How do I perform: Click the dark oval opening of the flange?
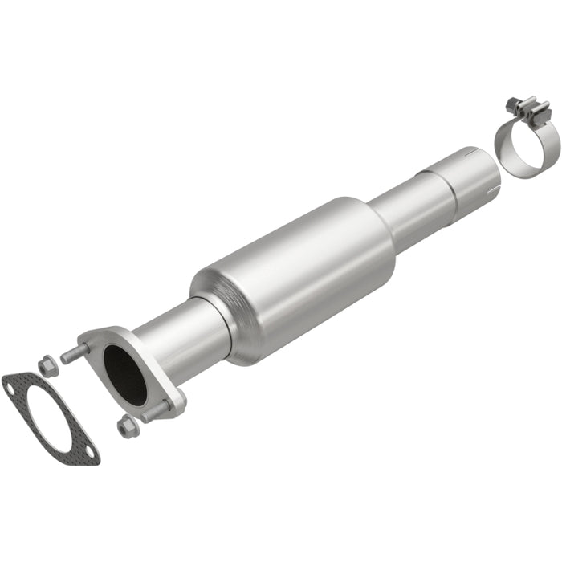tap(126, 374)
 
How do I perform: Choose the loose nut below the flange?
tap(127, 427)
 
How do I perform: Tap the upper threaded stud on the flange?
tap(74, 352)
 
